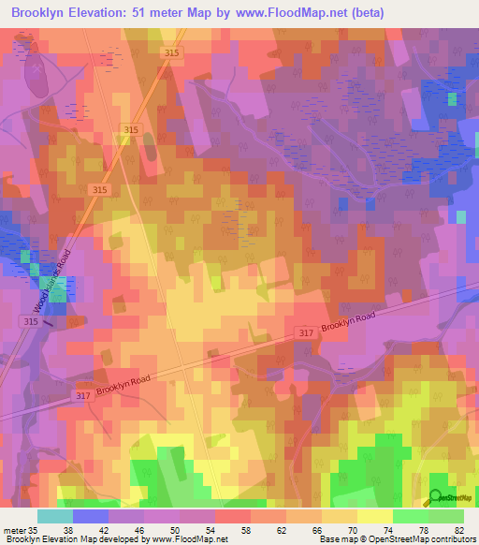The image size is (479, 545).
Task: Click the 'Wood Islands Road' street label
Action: tap(53, 282)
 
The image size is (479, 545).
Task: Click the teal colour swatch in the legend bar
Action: tap(54, 516)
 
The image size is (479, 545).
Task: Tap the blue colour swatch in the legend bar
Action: tap(90, 516)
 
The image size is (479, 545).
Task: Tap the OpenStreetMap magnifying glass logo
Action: tap(436, 497)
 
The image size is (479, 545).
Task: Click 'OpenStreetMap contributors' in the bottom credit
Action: tap(413, 539)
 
